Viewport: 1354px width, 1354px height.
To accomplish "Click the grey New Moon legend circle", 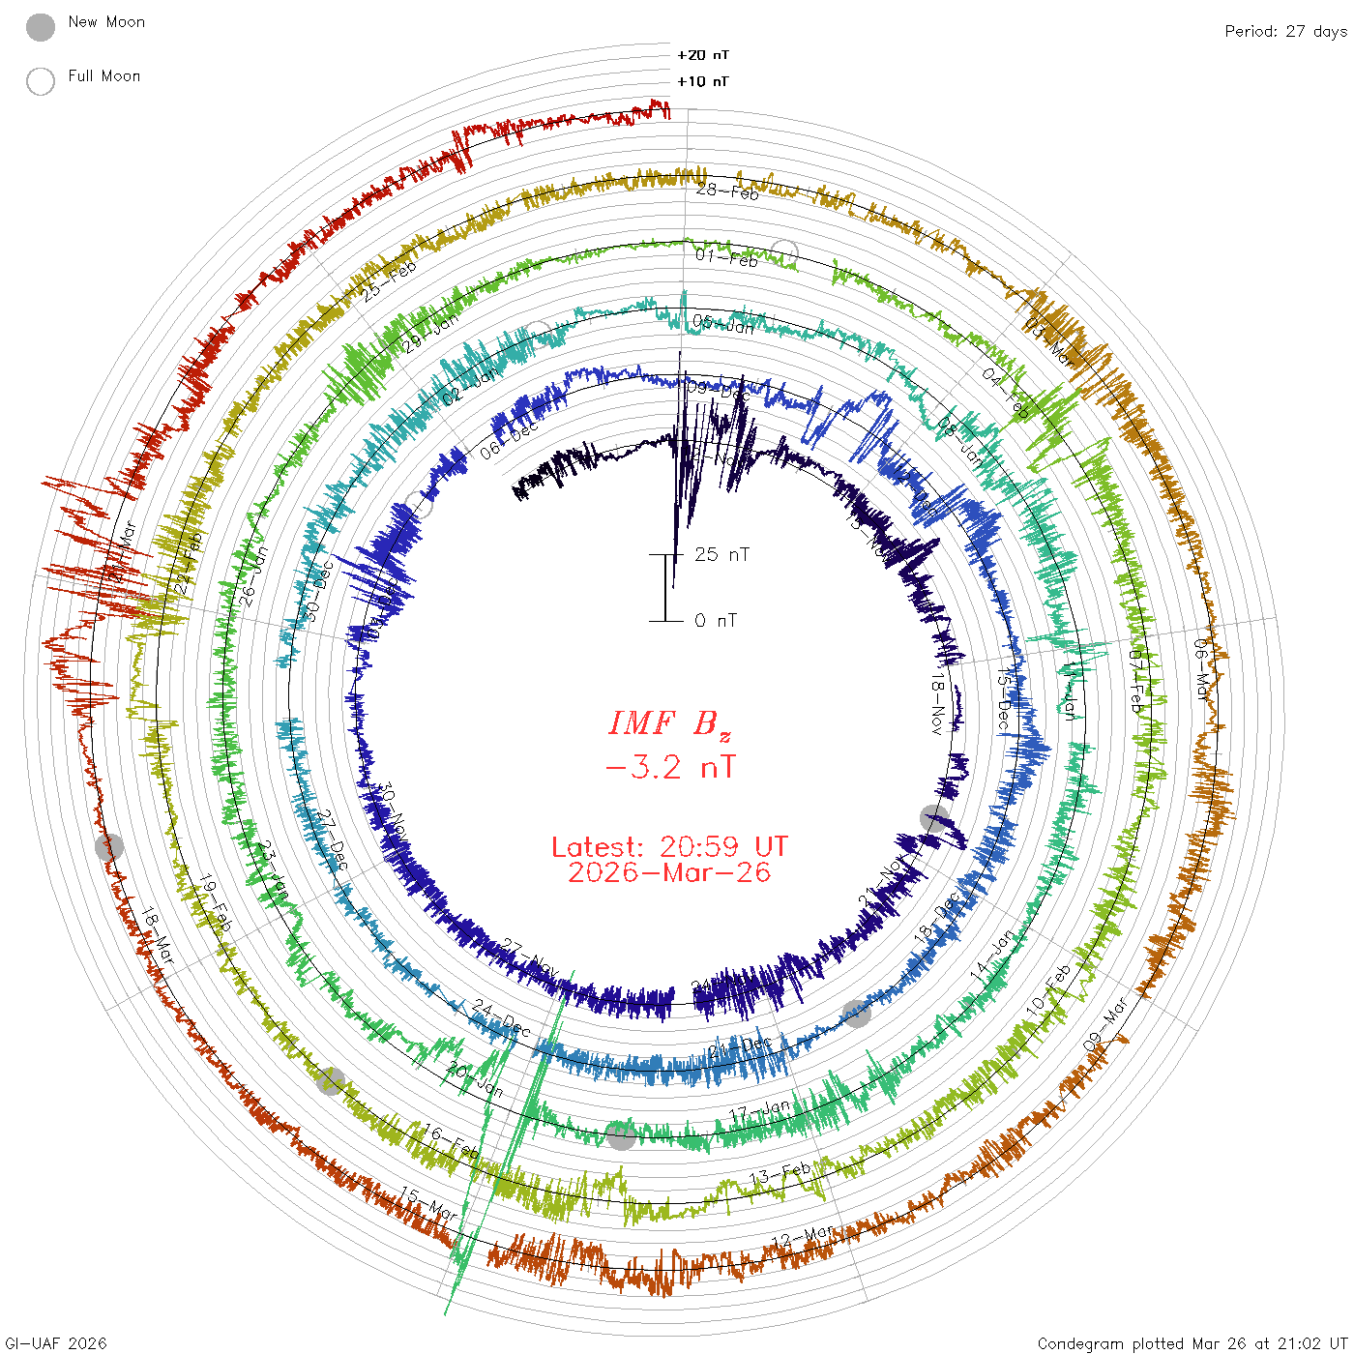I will [41, 27].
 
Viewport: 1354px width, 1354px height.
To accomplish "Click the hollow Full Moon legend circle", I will [41, 81].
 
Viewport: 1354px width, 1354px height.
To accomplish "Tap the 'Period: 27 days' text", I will [1285, 31].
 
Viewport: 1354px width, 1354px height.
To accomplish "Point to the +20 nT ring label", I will [703, 55].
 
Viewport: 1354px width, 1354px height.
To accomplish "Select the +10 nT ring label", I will [703, 81].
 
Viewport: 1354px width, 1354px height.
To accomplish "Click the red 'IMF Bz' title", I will [669, 723].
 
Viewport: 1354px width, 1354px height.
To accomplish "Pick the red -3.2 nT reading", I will [669, 768].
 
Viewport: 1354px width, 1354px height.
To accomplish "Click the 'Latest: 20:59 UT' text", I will [669, 847].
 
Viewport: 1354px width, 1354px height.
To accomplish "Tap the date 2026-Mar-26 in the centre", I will [669, 872].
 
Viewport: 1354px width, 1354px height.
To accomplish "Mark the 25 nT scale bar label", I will [721, 554].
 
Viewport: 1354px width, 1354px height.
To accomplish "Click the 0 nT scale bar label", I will [716, 620].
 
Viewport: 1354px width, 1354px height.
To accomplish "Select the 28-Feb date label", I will [727, 191].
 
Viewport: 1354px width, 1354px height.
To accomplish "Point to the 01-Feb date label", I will [726, 257].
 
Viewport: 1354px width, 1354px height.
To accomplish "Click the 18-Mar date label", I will [158, 935].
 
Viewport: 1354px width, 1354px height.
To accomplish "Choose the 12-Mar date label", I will [803, 1237].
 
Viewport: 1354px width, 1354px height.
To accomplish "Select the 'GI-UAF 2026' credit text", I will [56, 1343].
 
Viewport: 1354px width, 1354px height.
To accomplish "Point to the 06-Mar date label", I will [1201, 668].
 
